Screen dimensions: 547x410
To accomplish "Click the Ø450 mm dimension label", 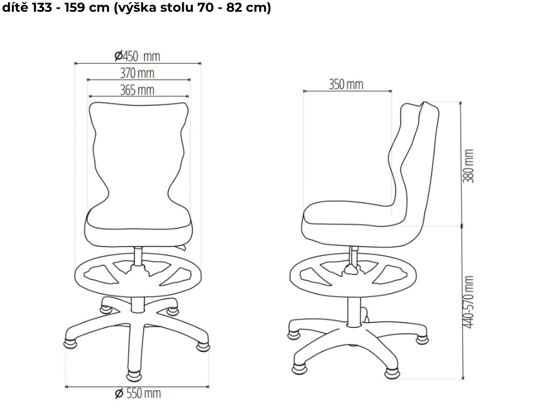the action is click(x=137, y=56).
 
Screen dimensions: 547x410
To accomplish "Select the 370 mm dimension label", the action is click(x=137, y=73).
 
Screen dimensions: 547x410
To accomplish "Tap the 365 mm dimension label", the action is click(x=137, y=90).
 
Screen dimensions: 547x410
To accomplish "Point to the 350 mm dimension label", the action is click(x=346, y=84).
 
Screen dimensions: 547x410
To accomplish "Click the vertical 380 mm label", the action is click(x=468, y=166).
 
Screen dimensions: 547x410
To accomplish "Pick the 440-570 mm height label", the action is click(x=468, y=302).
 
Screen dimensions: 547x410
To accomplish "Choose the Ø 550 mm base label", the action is click(x=137, y=393).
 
